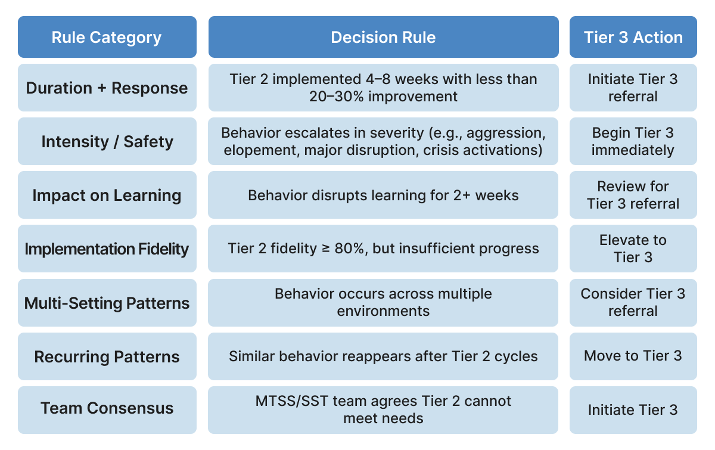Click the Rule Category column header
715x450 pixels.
point(107,37)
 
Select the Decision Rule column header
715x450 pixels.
point(383,37)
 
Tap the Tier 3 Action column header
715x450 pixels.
point(633,37)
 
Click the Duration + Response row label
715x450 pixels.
point(107,88)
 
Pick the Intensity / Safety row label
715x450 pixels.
point(107,142)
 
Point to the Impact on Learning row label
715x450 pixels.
point(107,195)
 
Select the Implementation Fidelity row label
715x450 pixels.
point(107,249)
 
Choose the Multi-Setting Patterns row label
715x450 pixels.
point(107,303)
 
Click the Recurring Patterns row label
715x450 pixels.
point(107,357)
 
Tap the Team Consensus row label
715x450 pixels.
point(107,408)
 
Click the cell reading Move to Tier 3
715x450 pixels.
point(633,356)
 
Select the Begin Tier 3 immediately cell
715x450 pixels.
point(633,141)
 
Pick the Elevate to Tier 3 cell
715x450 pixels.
point(633,249)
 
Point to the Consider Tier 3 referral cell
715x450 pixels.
point(633,302)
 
